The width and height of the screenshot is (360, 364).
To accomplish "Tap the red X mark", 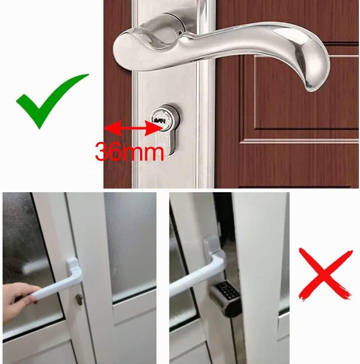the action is (x=325, y=275).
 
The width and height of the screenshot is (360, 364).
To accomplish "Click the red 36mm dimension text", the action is (x=129, y=152).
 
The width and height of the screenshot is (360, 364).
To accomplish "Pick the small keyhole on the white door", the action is (x=79, y=300).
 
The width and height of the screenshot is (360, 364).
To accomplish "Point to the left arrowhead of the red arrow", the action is (x=112, y=128).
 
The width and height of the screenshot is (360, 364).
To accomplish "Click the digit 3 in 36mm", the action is (x=102, y=152).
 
